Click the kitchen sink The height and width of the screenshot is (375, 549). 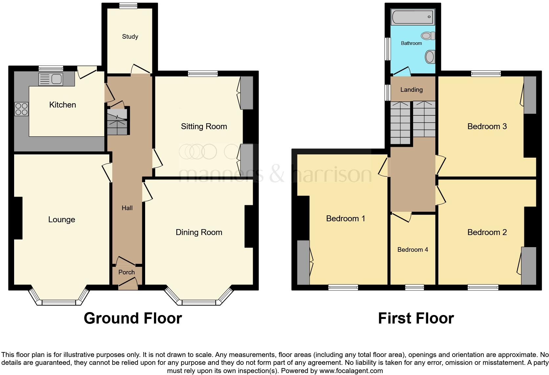click(x=51, y=79)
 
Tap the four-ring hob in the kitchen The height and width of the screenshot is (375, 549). click(x=21, y=109)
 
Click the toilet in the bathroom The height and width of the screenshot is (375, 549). click(x=428, y=36)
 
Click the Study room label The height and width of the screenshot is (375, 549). click(x=130, y=36)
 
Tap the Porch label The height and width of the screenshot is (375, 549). click(x=126, y=272)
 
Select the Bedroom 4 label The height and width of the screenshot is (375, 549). click(x=412, y=249)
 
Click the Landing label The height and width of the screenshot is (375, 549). click(x=411, y=89)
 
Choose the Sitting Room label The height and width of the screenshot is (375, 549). click(x=204, y=126)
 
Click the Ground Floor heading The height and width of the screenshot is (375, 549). click(x=133, y=318)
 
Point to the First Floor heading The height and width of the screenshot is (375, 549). click(x=416, y=318)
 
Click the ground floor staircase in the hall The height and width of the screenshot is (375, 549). click(x=117, y=122)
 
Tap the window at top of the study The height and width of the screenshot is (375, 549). click(x=128, y=5)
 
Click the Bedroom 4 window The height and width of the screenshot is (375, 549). click(x=414, y=287)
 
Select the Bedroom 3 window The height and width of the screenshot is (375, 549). click(x=486, y=74)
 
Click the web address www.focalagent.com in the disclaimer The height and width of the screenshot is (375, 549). click(x=351, y=371)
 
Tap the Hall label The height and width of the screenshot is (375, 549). click(x=127, y=208)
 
